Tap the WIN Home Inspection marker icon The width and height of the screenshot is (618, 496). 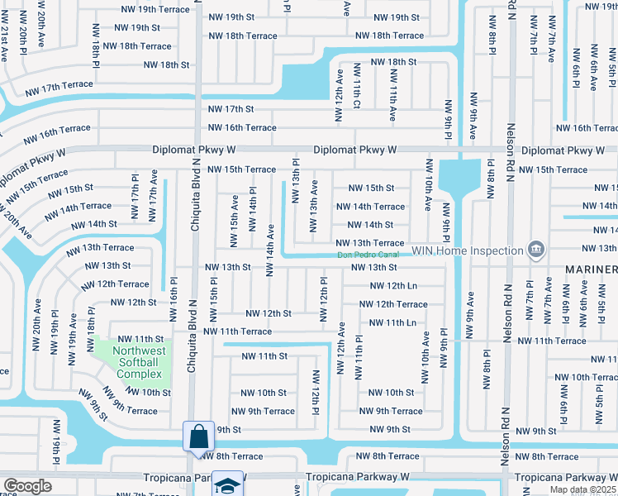click(535, 250)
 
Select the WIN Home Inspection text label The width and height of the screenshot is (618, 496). click(468, 250)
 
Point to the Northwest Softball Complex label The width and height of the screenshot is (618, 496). click(133, 362)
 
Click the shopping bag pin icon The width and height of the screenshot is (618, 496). click(198, 436)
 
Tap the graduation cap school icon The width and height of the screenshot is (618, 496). click(227, 484)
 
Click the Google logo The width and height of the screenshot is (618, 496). click(27, 486)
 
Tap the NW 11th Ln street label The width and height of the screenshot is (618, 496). click(393, 322)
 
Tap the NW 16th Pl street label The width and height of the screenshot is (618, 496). click(173, 302)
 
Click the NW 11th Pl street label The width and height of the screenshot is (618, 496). click(359, 356)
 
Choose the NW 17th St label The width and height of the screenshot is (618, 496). click(231, 109)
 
